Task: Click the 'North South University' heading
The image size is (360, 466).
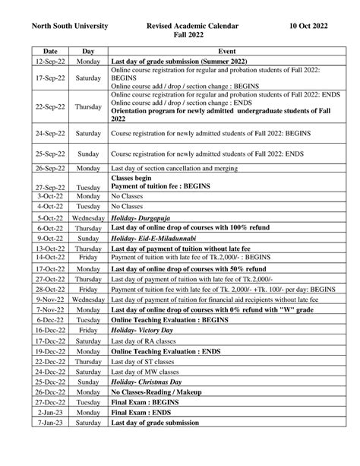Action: tap(68, 26)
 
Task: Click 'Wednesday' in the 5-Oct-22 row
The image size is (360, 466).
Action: tap(88, 217)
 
